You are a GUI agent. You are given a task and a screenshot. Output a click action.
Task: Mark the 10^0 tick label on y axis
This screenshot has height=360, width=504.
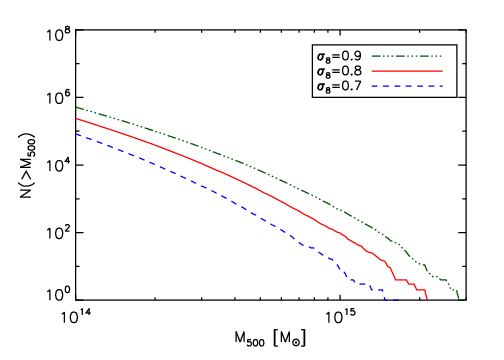tap(56, 296)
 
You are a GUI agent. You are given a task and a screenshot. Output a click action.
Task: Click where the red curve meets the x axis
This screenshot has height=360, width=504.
tap(427, 299)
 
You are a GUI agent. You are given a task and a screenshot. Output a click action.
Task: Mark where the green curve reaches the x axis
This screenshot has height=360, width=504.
tap(458, 299)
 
